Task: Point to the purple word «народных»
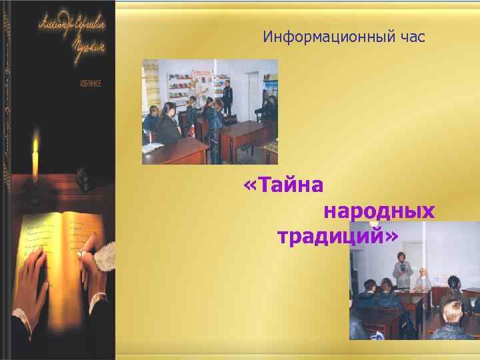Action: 379,211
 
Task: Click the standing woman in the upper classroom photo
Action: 227,97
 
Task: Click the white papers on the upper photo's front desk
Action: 153,147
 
